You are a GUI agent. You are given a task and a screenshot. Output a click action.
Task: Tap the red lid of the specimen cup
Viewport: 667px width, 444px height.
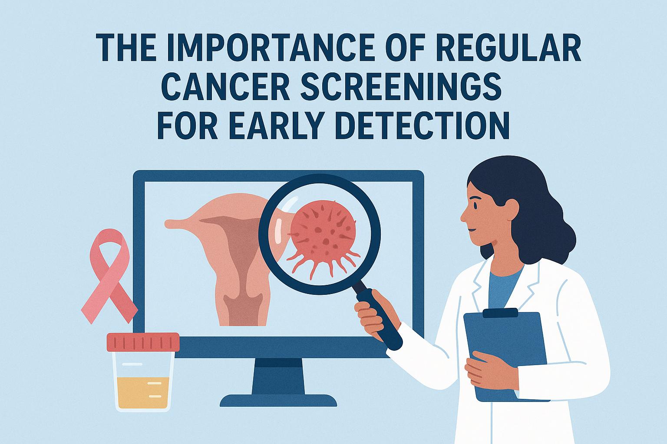pos(143,342)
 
